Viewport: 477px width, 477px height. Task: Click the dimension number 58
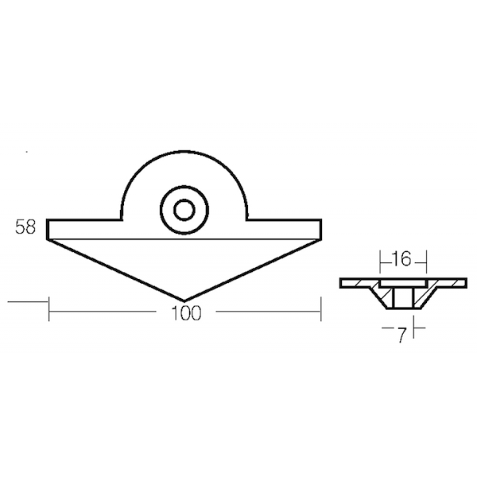(25, 227)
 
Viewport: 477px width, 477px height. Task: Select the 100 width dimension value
(186, 312)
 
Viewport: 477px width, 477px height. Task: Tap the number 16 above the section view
(402, 259)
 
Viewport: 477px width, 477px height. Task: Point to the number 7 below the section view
(402, 335)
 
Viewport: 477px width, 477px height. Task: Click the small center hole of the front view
(184, 210)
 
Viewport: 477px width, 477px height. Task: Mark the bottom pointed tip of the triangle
(184, 301)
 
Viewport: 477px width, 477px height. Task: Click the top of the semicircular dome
(184, 151)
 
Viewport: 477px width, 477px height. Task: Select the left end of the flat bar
(48, 229)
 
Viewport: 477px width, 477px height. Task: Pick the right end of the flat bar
(320, 229)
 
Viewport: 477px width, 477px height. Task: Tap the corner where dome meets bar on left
(122, 219)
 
